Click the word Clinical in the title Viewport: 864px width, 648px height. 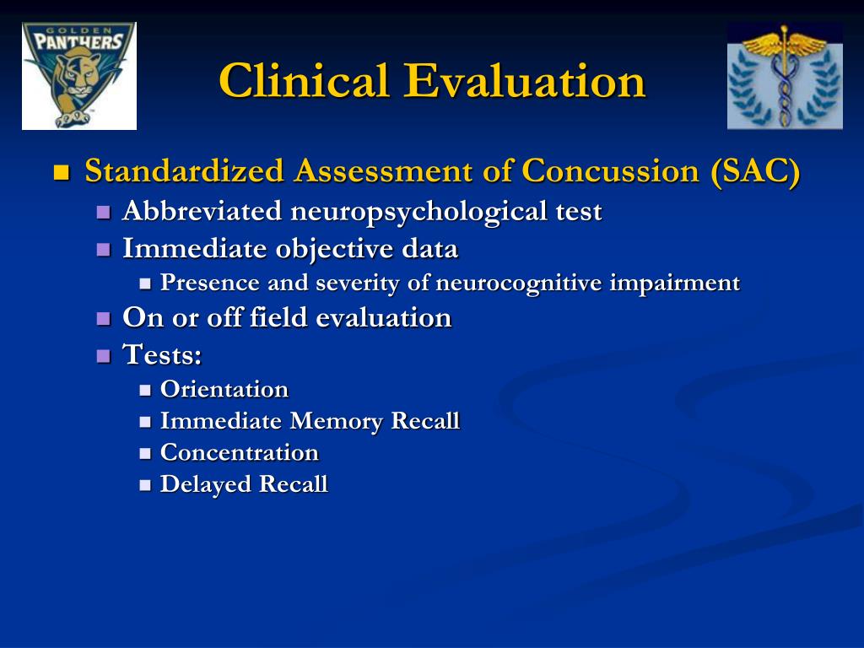[304, 80]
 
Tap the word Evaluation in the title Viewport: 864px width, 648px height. [524, 80]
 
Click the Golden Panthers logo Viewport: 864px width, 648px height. [79, 76]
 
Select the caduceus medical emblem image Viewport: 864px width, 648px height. [785, 76]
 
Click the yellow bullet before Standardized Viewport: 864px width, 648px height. [62, 172]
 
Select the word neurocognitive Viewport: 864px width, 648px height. [518, 283]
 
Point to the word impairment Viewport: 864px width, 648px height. [674, 283]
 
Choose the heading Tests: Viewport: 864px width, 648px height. [162, 354]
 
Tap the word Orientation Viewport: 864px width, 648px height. [224, 389]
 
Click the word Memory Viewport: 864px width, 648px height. [336, 421]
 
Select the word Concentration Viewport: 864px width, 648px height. [239, 452]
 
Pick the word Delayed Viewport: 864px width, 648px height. [206, 484]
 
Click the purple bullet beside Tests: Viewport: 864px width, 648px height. [104, 355]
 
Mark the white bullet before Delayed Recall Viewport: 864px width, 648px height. [145, 485]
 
